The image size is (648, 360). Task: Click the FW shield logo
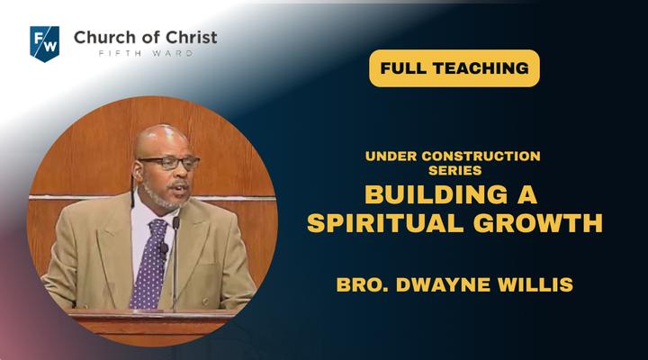tap(45, 44)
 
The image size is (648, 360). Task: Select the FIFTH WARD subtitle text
tap(146, 53)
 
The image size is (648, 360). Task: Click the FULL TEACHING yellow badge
tap(454, 68)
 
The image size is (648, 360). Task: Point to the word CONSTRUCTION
tap(481, 157)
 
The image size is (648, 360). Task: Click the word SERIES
tap(455, 170)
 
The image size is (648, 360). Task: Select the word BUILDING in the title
tap(436, 194)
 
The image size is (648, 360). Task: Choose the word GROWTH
tap(537, 223)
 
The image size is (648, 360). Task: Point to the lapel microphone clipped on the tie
tap(164, 248)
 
